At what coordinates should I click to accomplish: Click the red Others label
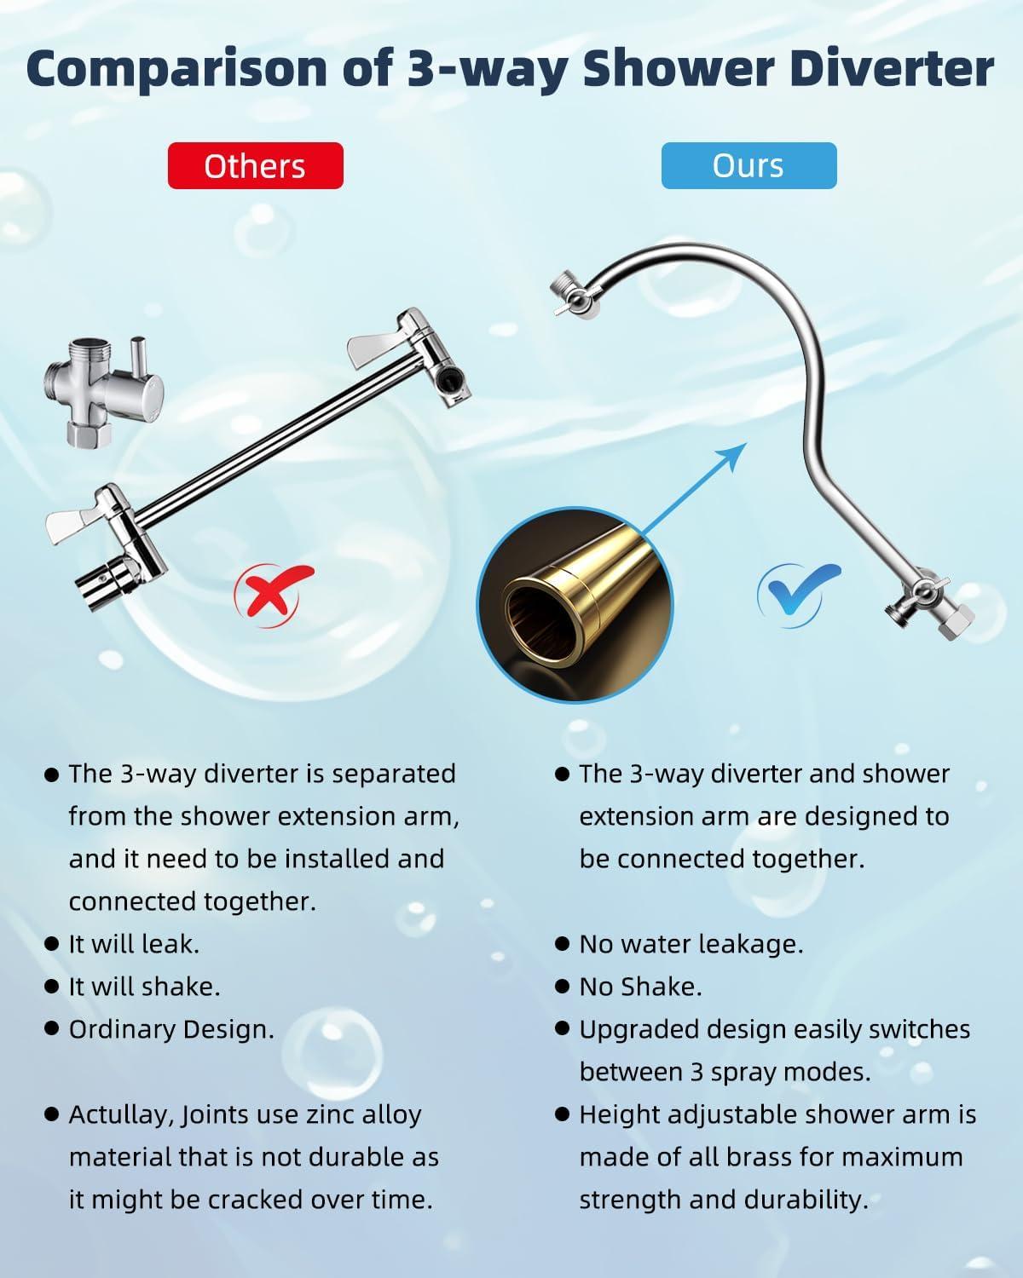pos(255,166)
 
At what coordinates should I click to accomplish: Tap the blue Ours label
pos(748,166)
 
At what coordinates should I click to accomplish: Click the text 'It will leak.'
pos(134,944)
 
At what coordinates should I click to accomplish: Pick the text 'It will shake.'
pos(144,987)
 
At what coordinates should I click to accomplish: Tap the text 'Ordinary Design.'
pos(171,1029)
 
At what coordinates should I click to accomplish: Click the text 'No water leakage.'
pos(691,944)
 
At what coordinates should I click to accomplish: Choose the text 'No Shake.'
pos(640,987)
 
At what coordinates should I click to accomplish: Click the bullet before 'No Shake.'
pos(562,987)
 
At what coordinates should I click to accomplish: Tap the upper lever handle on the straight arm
pos(375,344)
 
